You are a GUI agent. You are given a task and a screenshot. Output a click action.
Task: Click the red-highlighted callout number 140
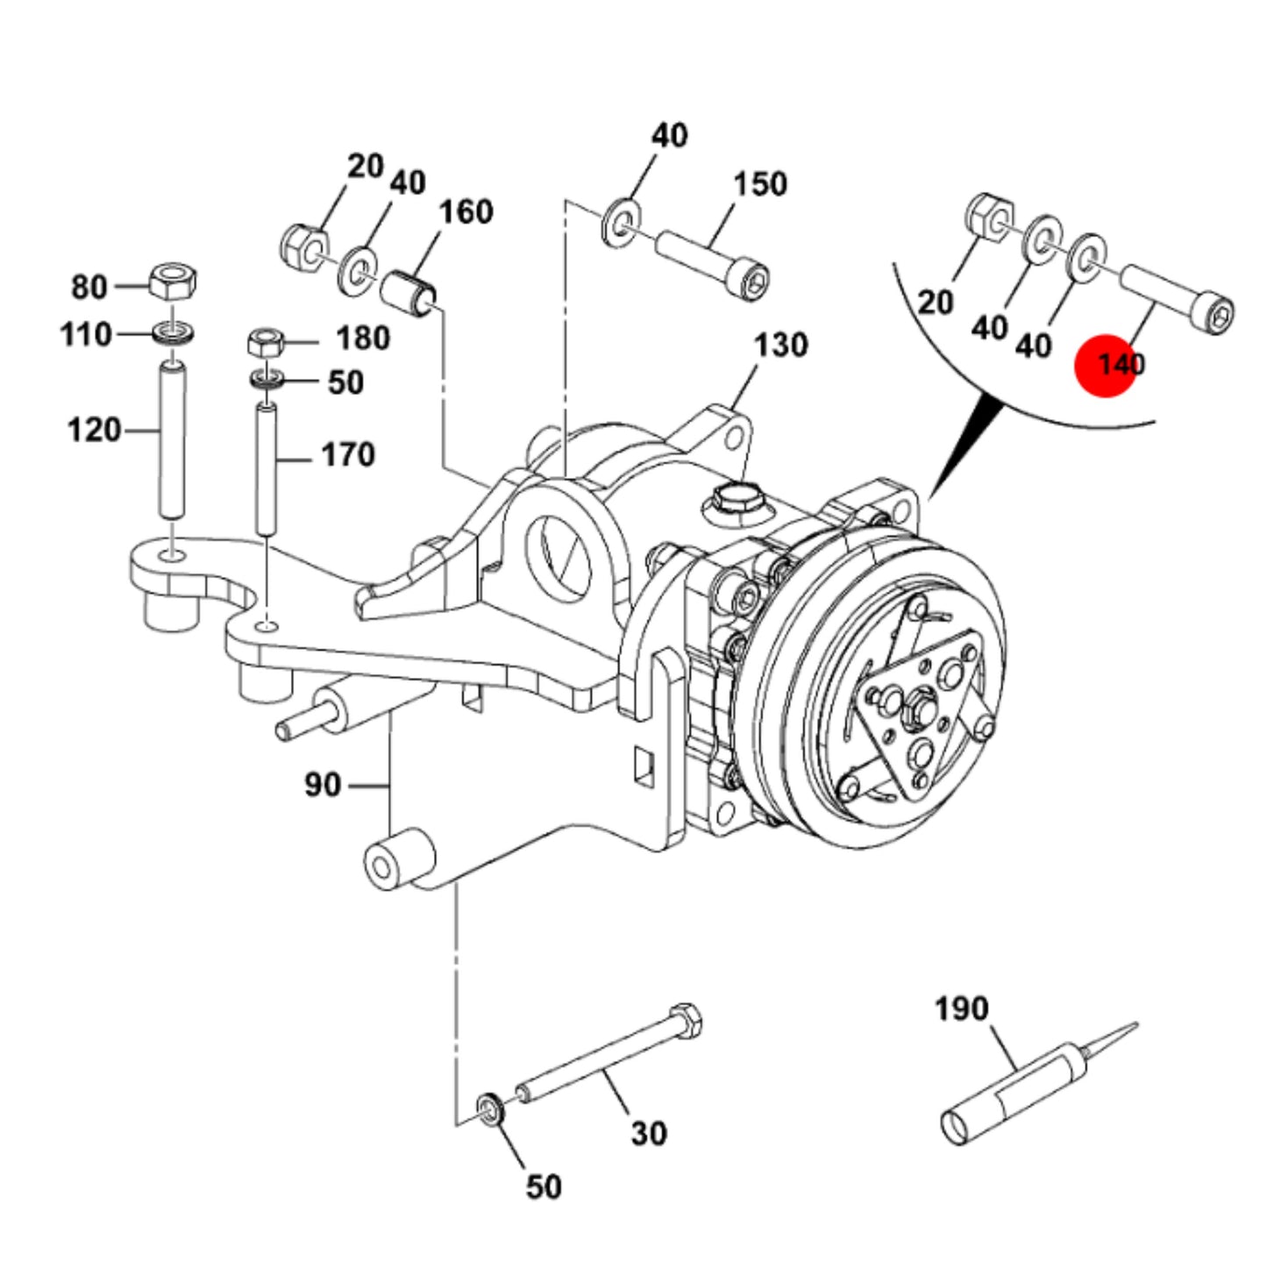click(1121, 364)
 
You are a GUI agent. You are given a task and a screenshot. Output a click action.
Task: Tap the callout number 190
click(961, 1008)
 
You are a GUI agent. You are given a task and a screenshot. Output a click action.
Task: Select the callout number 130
click(781, 345)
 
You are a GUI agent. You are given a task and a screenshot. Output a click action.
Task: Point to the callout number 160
click(466, 211)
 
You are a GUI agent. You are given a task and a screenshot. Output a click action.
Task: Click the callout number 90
click(323, 785)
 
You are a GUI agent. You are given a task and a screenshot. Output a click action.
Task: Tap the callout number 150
click(760, 183)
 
